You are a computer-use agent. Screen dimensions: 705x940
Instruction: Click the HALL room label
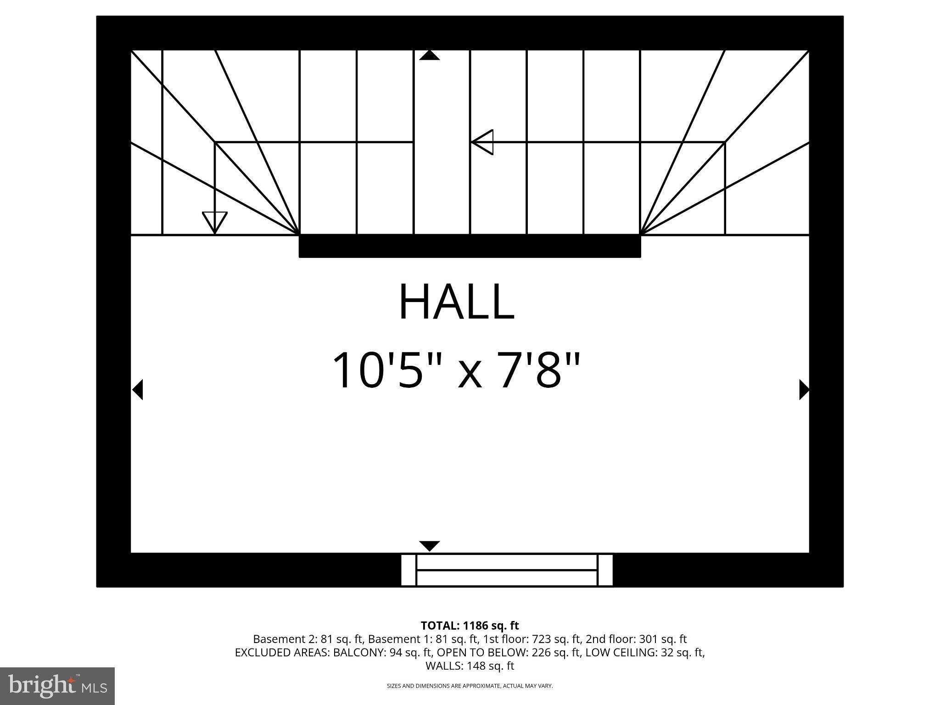pos(457,302)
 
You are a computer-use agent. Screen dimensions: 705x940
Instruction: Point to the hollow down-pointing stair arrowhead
pos(215,221)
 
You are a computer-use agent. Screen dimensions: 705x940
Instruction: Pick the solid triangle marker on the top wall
pos(430,56)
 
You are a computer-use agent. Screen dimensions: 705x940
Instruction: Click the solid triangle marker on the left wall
pos(138,390)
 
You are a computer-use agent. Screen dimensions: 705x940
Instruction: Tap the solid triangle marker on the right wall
pos(804,390)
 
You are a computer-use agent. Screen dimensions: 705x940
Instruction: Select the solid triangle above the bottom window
pos(430,546)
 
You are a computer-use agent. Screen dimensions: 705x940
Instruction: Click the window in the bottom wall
pos(507,570)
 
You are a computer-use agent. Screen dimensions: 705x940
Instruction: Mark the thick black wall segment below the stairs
pos(470,246)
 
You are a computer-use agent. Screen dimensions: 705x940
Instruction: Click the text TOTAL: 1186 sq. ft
pos(470,626)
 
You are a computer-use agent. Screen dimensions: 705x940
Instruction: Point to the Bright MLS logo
pos(57,686)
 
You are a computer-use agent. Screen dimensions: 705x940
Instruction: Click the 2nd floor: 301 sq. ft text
pos(636,639)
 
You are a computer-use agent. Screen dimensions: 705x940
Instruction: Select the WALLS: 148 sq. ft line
pos(470,666)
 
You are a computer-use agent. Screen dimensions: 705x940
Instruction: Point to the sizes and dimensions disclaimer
pos(470,686)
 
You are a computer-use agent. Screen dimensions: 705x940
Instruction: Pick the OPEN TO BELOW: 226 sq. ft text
pos(508,652)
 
